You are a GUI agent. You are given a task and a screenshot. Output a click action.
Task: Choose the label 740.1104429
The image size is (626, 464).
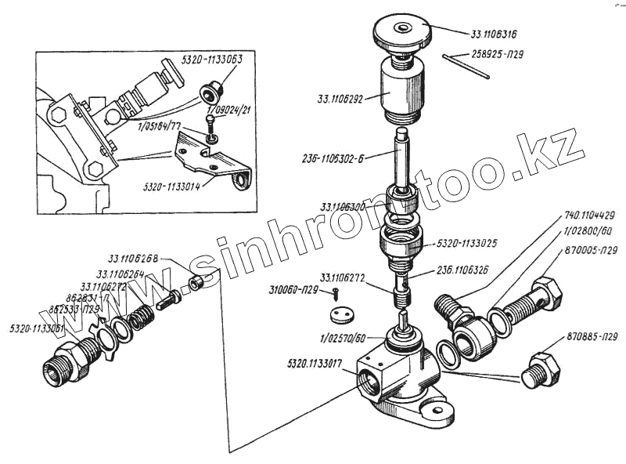pos(588,216)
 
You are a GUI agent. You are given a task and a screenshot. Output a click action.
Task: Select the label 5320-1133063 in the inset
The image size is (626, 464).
pos(212,59)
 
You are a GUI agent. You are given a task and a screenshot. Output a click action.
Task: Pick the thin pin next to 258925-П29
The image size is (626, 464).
pos(466,67)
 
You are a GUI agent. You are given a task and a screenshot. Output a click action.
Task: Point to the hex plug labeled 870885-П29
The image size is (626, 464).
pos(542,368)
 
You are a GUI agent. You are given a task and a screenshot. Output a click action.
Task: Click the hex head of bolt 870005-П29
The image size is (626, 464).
pos(545,294)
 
